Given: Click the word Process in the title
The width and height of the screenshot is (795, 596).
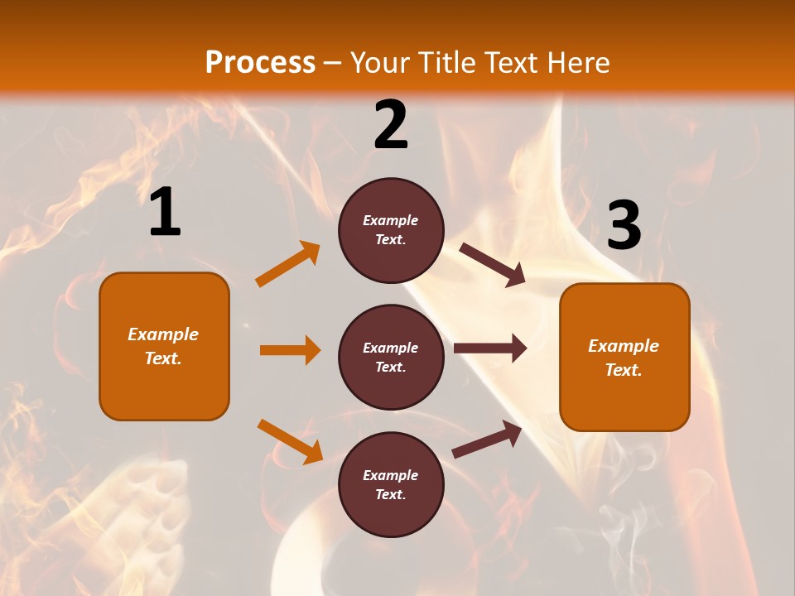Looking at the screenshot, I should tap(260, 63).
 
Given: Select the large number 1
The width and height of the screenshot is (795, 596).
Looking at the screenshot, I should tap(165, 213).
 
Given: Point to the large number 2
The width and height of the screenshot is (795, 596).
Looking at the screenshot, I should tap(391, 125).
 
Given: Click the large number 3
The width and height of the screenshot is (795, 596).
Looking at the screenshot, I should tap(624, 225).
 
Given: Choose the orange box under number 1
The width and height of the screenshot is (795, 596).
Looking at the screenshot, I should tap(164, 346).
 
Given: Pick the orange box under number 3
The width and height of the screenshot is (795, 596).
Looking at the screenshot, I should tap(624, 357).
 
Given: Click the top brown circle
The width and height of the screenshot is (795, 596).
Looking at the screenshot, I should tap(391, 230).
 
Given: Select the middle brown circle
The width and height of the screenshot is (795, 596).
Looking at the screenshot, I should tap(391, 357).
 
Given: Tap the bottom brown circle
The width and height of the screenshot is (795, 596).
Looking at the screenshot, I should tap(391, 484).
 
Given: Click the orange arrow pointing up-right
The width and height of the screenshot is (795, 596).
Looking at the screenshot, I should tap(288, 264).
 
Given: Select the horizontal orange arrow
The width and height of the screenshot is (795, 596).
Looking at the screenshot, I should tap(290, 350).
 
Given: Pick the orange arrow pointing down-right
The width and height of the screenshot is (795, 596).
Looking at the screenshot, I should tap(290, 441).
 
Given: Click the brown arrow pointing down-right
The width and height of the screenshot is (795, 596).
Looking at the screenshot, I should tap(493, 265).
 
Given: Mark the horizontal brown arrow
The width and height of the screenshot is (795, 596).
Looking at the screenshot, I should tap(490, 348).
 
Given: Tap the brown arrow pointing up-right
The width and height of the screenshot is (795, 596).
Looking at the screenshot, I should tap(487, 440).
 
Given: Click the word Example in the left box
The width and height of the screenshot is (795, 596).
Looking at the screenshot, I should tap(163, 334).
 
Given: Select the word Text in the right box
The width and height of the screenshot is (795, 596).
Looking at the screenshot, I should tap(623, 370).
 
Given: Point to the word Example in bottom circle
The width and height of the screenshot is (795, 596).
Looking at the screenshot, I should tap(390, 475).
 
